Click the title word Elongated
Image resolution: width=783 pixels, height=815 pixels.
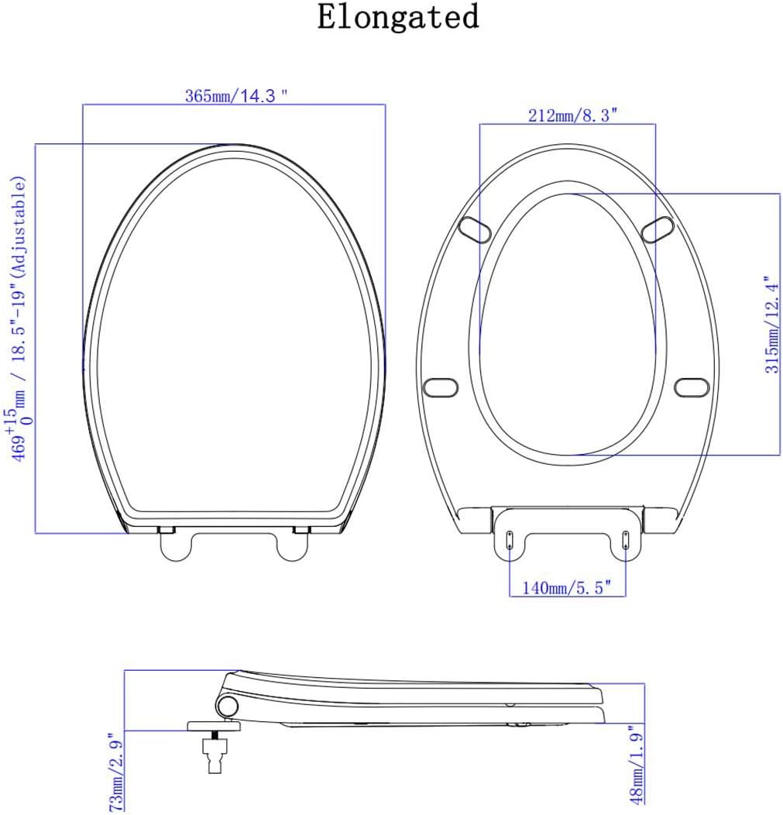point(398,17)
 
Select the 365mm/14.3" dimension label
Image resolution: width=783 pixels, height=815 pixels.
point(236,96)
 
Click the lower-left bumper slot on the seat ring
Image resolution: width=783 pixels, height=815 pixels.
point(442,385)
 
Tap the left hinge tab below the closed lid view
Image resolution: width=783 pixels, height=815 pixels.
point(176,545)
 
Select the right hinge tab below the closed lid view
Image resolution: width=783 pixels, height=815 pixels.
point(293,545)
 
